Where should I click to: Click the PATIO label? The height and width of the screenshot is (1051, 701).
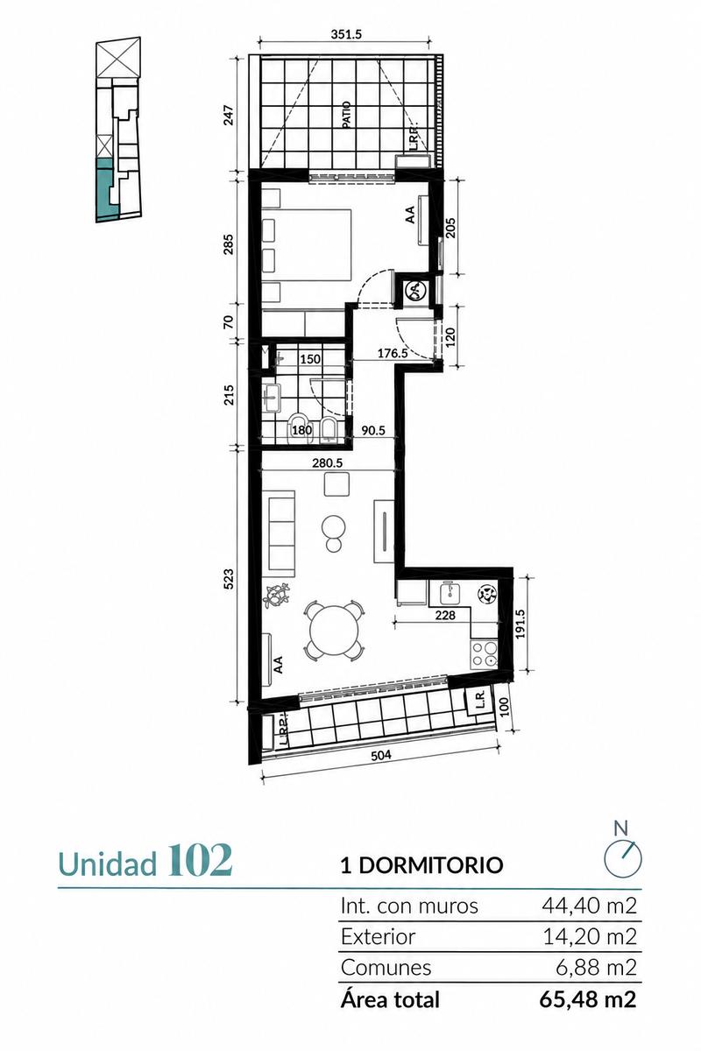[346, 116]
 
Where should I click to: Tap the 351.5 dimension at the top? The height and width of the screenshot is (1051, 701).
[345, 35]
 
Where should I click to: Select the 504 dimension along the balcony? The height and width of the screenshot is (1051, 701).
[381, 755]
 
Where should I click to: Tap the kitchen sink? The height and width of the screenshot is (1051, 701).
[450, 594]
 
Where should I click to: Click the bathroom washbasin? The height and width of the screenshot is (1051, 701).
[271, 399]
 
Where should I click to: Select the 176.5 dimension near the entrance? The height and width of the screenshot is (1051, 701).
[393, 353]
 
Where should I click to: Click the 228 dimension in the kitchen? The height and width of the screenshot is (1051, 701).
[445, 615]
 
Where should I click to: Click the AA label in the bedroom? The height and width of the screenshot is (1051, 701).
[410, 215]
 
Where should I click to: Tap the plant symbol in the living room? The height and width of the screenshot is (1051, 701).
[277, 595]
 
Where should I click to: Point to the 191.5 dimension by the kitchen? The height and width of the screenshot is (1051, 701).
[519, 624]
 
